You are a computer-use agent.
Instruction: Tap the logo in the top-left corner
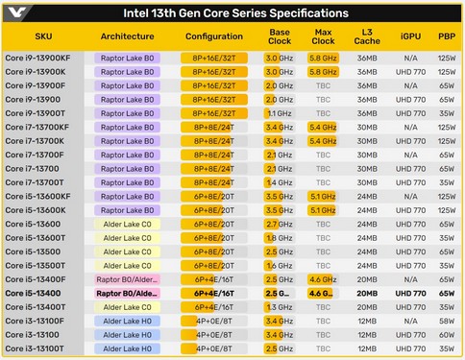coord(13,12)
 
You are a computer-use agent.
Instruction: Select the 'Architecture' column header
coord(127,36)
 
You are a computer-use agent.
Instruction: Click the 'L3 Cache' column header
coord(367,36)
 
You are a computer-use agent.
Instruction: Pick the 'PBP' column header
coord(447,36)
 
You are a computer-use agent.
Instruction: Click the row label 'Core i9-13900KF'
coord(37,58)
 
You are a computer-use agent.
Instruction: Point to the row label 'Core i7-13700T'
coord(36,182)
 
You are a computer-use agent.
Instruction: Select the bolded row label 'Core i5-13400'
coord(34,293)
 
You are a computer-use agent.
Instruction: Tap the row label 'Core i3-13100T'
coord(36,348)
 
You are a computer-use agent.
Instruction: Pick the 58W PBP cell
coord(447,321)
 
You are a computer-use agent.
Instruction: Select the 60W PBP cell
coord(447,335)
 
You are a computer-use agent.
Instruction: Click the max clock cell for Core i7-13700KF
coord(322,127)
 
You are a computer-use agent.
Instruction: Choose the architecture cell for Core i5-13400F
coord(127,279)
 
